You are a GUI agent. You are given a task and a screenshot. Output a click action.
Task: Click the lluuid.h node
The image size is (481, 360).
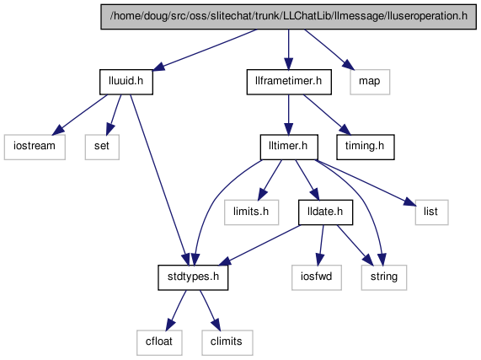coord(126,82)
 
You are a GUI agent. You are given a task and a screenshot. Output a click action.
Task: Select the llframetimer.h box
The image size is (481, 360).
coord(289,82)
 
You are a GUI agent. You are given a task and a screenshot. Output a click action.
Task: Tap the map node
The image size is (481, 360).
coord(370,82)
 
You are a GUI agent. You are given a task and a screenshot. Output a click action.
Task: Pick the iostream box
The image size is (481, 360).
coord(35,147)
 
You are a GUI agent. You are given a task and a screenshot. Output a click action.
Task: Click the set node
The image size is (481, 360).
coord(102,147)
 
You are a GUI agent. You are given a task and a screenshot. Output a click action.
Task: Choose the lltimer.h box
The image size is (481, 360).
coord(289,147)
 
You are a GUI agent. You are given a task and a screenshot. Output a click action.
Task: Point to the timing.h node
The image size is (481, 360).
coord(365,147)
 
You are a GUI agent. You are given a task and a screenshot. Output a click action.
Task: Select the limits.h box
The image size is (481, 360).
coord(251,212)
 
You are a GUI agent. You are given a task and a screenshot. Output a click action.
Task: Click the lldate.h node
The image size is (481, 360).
coord(325,212)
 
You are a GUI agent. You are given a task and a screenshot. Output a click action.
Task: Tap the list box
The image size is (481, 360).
coord(431,212)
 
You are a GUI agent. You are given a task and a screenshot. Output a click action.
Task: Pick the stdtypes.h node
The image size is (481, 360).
coord(193,277)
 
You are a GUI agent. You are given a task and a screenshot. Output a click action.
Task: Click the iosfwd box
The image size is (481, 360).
coord(317,277)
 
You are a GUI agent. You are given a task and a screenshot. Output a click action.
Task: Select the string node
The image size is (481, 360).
coord(384,277)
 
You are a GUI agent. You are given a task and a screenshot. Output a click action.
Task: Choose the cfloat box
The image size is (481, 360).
coord(159,342)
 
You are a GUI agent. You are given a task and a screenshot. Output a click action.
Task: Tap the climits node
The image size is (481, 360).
coord(227,342)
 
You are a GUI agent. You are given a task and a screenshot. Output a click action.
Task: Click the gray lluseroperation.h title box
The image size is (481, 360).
coord(289,17)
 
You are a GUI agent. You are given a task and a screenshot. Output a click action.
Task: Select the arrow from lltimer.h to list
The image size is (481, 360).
coord(366,183)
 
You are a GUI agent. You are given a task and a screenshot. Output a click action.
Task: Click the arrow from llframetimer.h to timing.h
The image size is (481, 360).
coord(327,115)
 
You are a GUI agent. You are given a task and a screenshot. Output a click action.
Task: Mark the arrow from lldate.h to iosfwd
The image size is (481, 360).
coord(321,244)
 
